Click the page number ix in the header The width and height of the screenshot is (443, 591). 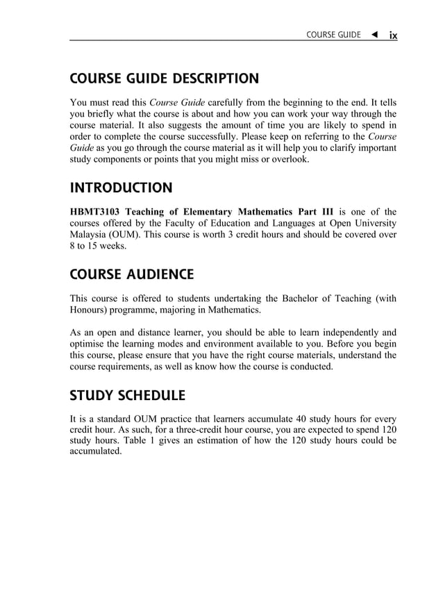click(392, 35)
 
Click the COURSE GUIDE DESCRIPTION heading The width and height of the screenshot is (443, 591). click(164, 78)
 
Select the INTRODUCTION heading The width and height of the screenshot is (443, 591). click(121, 188)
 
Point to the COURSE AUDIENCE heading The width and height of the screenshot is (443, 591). click(131, 274)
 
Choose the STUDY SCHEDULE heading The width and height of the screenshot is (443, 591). click(127, 396)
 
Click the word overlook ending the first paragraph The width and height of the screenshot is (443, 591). click(288, 160)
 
